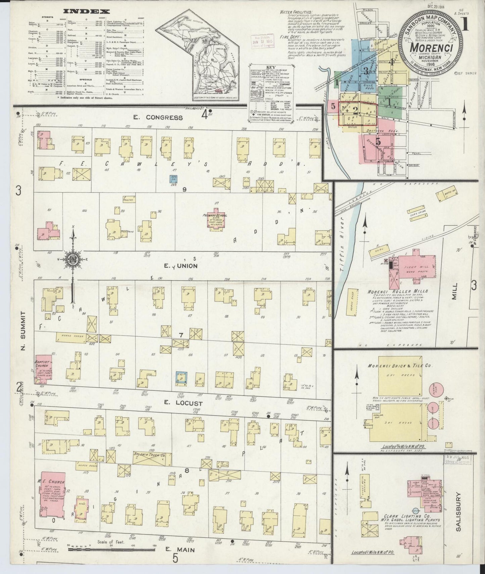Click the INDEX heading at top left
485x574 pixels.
(x=86, y=11)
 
